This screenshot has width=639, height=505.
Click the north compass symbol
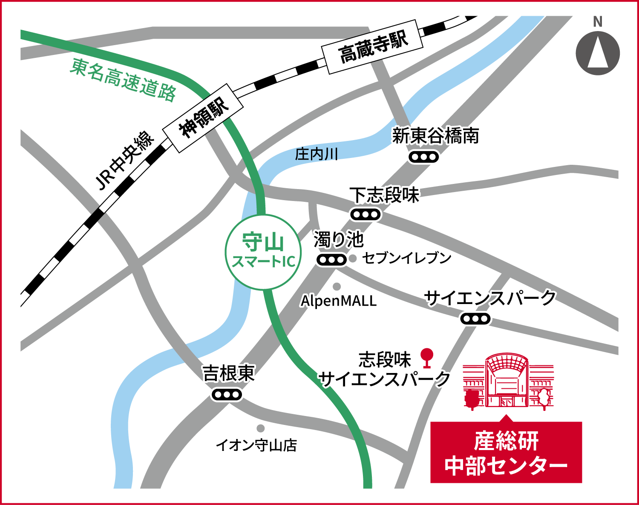[598, 53]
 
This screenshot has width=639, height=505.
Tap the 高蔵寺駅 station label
[372, 46]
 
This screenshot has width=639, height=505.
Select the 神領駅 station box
[203, 118]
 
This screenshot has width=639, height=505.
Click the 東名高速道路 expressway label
[123, 80]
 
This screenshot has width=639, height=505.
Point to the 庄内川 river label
[316, 154]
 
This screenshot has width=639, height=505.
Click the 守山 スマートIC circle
[263, 252]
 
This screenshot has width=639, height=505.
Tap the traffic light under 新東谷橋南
[423, 157]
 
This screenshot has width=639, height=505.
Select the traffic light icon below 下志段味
[365, 215]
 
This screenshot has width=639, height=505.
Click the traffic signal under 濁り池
[331, 259]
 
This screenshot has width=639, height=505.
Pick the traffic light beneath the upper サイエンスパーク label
[475, 318]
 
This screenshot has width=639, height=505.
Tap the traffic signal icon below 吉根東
[227, 395]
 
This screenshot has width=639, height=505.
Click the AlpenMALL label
[339, 301]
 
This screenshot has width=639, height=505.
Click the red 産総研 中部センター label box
[506, 453]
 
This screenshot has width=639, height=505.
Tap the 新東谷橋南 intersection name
[436, 136]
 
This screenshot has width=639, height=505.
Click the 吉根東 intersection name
[229, 373]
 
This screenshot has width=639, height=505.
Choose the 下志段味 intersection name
[385, 195]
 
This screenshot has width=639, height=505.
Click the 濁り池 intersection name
[339, 240]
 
